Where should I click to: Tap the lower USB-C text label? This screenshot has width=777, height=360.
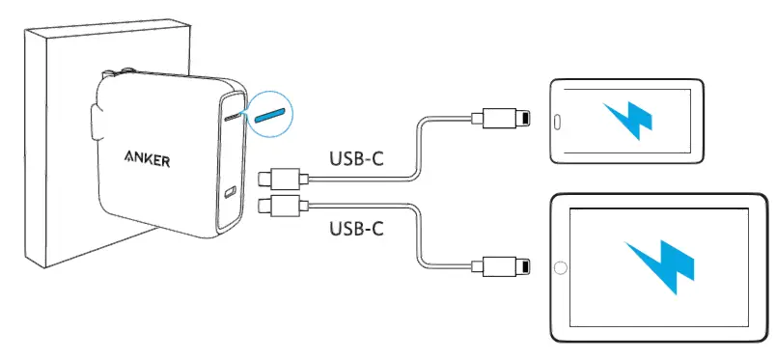pos(357,229)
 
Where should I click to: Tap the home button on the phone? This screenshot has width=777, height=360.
pos(557,121)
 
